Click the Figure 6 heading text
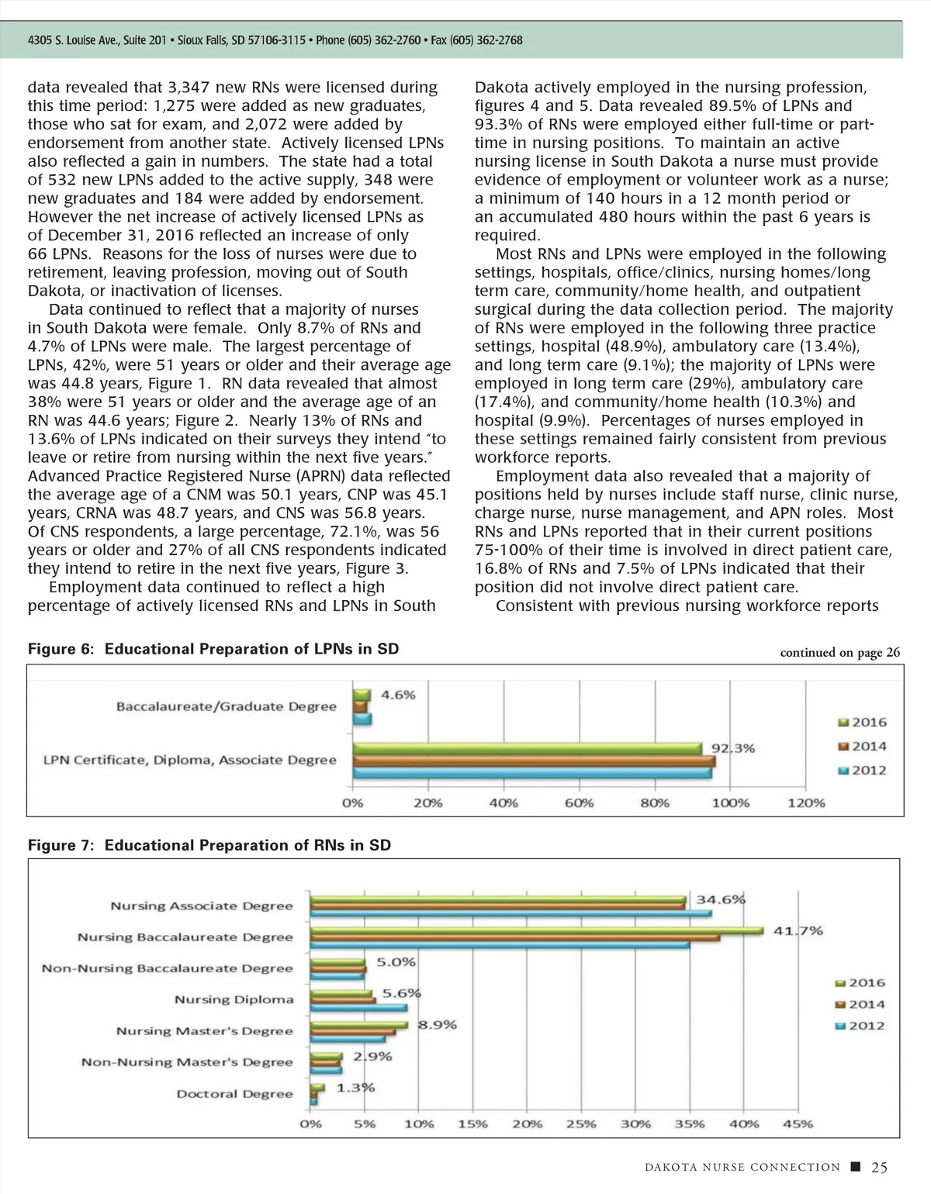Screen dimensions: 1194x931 tap(213, 649)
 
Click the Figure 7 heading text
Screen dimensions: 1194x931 tap(209, 845)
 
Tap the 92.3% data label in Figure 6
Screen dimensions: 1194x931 tap(733, 748)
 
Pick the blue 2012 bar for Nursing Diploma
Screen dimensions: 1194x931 tap(358, 1007)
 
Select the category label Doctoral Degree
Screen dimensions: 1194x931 tap(234, 1094)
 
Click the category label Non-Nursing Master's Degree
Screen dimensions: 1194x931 tap(187, 1062)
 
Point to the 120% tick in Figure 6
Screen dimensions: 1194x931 tap(806, 803)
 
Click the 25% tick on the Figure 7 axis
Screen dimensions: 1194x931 tap(580, 1123)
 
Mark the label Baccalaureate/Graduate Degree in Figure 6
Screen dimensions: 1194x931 tap(227, 706)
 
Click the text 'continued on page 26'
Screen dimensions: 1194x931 tap(839, 653)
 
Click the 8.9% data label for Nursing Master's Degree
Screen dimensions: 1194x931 tap(438, 1024)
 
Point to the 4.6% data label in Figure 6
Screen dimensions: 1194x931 tap(398, 695)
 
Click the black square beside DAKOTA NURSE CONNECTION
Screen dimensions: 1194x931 tap(855, 1167)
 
